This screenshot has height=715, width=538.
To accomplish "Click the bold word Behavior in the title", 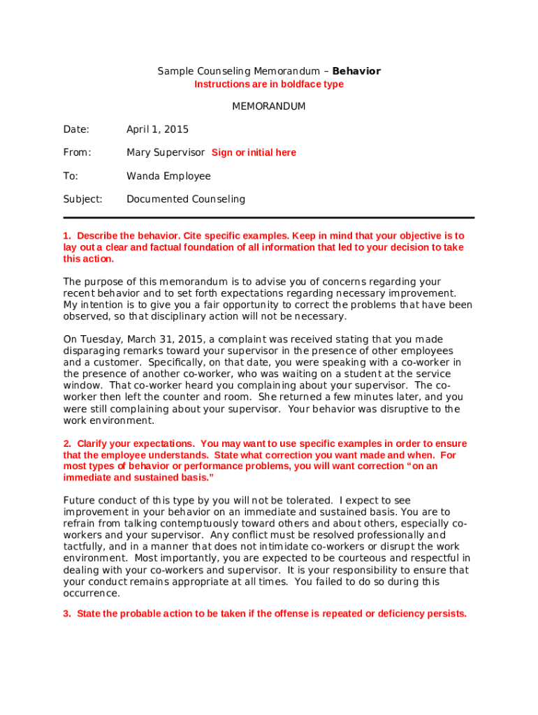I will tap(356, 71).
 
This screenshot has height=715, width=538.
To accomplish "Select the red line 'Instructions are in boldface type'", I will tap(268, 84).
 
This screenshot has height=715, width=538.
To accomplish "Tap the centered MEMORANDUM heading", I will tap(268, 107).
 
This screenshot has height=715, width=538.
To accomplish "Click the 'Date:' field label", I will tap(76, 130).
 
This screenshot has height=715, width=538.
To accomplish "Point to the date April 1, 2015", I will tap(157, 130).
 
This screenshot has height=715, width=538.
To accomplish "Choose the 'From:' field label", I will tap(78, 153).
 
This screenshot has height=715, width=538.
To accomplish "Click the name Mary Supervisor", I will tap(166, 153).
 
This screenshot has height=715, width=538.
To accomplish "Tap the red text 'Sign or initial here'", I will tap(254, 153).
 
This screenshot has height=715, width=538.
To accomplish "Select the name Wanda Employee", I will tap(168, 176).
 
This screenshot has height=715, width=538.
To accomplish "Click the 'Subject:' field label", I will tap(82, 199).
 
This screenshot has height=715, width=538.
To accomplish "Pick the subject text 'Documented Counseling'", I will tap(186, 199).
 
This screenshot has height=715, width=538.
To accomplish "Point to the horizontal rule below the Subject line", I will tap(268, 218).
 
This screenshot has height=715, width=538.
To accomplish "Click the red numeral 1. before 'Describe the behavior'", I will tap(67, 236).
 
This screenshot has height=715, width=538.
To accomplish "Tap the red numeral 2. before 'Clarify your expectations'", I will tap(67, 444).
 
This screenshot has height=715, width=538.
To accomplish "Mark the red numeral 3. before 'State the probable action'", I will tap(67, 614).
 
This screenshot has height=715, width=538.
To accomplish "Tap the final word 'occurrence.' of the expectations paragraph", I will tap(92, 594).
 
